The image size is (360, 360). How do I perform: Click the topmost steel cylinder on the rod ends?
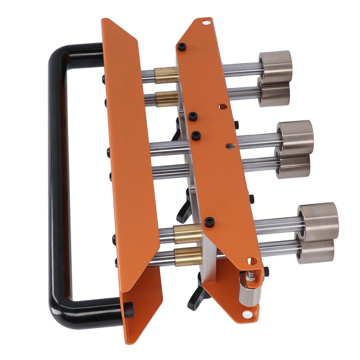pyautogui.click(x=276, y=66)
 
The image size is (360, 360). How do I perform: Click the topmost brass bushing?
pyautogui.click(x=166, y=75)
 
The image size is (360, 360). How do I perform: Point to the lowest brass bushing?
pyautogui.click(x=188, y=256)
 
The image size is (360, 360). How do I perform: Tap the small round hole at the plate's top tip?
pyautogui.click(x=206, y=22)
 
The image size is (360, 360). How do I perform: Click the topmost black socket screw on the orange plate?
pyautogui.click(x=181, y=47)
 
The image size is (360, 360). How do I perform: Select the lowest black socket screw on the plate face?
pyautogui.click(x=209, y=222)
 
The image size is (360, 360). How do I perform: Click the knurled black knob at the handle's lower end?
pyautogui.click(x=129, y=310)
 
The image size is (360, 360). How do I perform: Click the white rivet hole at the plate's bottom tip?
pyautogui.click(x=247, y=314)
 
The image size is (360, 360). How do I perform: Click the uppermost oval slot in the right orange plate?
pyautogui.click(x=222, y=106)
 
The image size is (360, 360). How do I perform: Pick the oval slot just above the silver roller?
pyautogui.click(x=252, y=261)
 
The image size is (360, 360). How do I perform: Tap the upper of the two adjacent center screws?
pyautogui.click(x=192, y=116)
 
